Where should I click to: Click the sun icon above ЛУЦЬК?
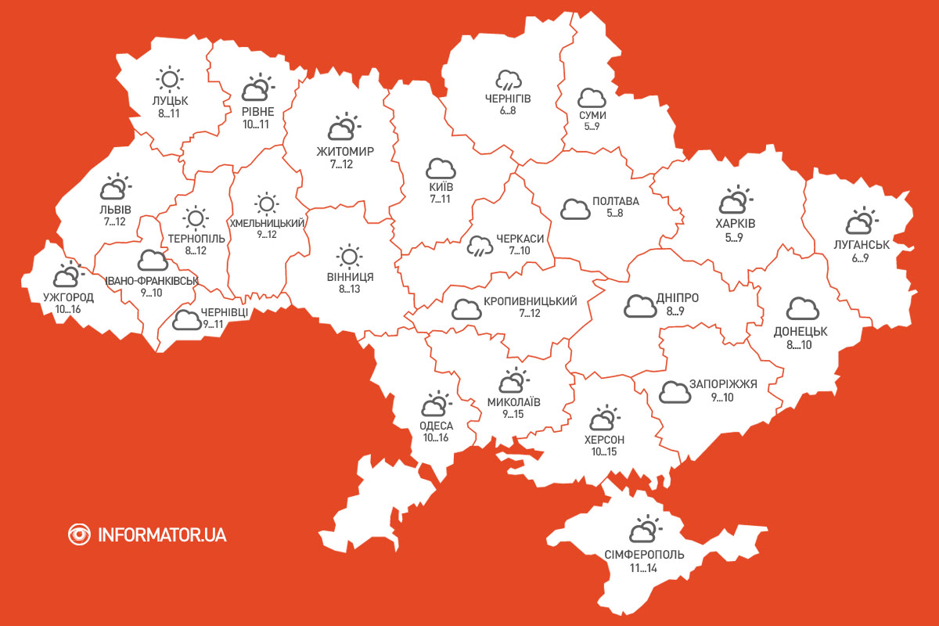(169, 79)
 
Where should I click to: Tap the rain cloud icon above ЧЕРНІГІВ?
(509, 80)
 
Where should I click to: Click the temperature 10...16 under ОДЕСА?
(436, 437)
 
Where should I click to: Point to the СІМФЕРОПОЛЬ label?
(644, 555)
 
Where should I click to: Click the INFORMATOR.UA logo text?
(162, 535)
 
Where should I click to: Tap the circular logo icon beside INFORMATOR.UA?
(79, 534)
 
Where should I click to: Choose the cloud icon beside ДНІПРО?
(640, 306)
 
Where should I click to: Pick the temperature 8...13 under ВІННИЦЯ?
(349, 290)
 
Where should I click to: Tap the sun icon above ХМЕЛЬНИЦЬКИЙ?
(266, 204)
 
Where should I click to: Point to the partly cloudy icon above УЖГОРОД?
(67, 275)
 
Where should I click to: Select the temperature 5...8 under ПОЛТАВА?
(616, 213)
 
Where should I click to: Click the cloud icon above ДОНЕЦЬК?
(801, 309)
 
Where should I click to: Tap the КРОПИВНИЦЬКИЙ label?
(531, 301)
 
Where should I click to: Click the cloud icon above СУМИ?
(592, 99)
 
